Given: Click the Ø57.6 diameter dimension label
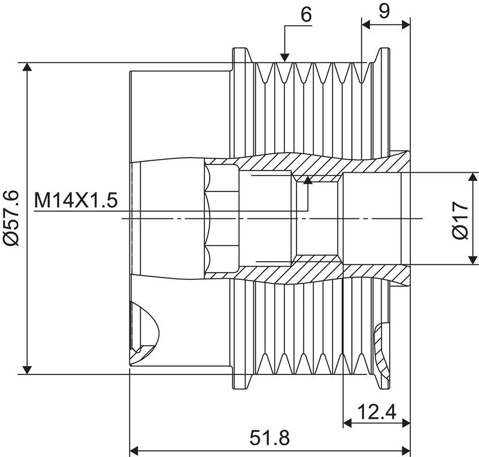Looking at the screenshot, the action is click(12, 218).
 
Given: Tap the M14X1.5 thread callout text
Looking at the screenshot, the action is click(76, 200).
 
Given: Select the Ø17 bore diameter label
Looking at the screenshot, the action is click(460, 220).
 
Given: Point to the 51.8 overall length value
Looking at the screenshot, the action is click(269, 438).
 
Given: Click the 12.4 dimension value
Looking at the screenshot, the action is click(377, 412).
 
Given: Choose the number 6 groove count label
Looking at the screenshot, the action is click(306, 14).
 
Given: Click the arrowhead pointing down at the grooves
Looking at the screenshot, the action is click(284, 57).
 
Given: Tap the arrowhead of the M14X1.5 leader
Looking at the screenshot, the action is click(308, 180).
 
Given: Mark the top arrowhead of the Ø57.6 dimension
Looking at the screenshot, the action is click(28, 67).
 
